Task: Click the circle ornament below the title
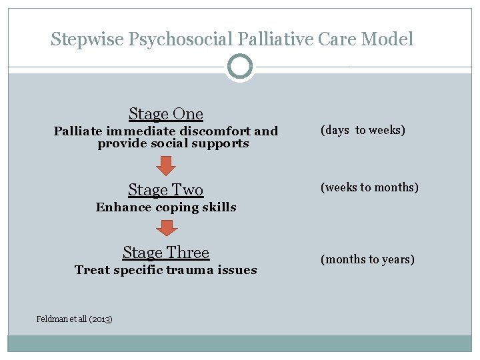240,67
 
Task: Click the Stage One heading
166,114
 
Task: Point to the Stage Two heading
166,190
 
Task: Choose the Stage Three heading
166,253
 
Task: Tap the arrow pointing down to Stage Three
166,229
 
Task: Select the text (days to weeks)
363,130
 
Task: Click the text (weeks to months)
369,187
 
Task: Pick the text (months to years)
367,259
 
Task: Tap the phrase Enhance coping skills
166,207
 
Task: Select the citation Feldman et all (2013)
74,319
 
